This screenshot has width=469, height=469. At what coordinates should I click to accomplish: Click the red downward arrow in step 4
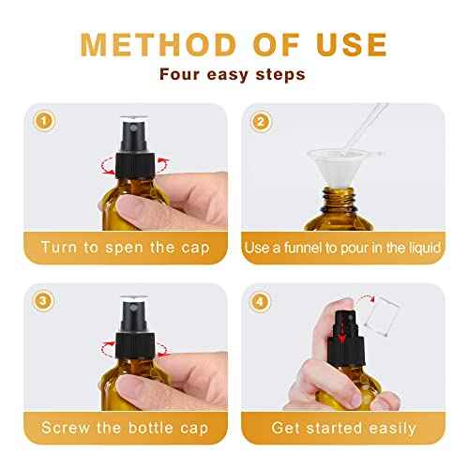344,336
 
